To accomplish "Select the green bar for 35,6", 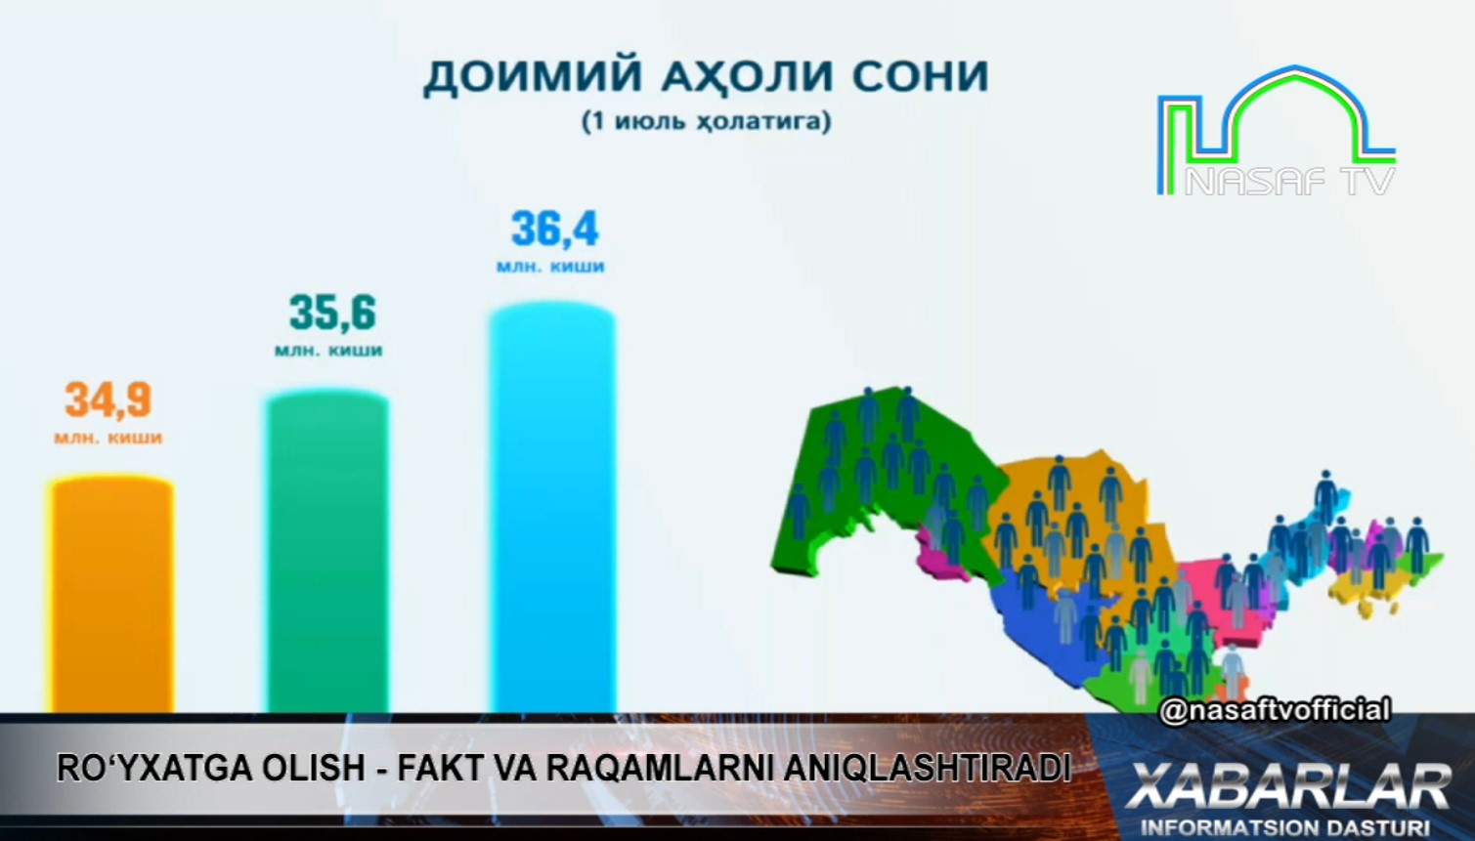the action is coord(327,552).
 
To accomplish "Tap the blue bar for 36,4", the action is coord(552,508).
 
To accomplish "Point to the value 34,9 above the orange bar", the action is coord(108,399).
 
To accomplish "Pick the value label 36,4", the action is coord(555,229).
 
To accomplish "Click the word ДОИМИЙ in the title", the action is coord(533,77).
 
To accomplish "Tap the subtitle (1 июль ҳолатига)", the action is coord(706,122).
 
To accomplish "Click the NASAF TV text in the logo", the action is coord(1289,181).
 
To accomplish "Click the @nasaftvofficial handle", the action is coord(1275,710).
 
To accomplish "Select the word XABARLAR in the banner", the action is coord(1288,786).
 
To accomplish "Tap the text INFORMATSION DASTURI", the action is coord(1284,827).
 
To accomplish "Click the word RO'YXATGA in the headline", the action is coord(154,768).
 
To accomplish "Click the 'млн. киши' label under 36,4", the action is coord(550,268).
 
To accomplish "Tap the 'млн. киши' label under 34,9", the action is coord(108,439).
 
